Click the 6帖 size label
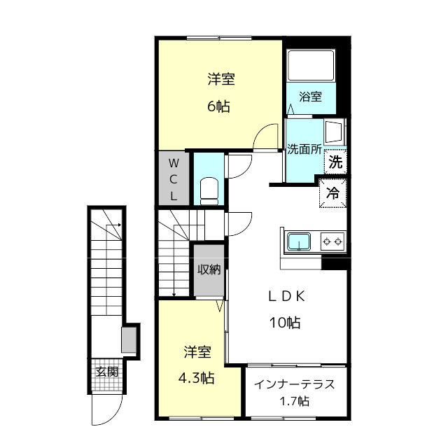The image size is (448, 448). [x=218, y=106]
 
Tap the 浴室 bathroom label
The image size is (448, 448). [x=311, y=97]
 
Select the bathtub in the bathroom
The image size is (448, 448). [x=311, y=65]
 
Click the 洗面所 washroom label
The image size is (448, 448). [x=304, y=149]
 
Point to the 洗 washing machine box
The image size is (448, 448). [x=335, y=162]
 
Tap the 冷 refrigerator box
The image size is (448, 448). [x=333, y=193]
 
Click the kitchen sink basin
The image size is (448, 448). [x=299, y=241]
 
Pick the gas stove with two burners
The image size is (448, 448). [x=332, y=241]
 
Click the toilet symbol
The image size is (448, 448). [x=209, y=191]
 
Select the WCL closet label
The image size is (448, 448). [x=174, y=179]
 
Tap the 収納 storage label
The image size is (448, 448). [x=209, y=269]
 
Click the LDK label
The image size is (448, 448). [x=286, y=297]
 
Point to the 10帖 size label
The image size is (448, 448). [x=285, y=323]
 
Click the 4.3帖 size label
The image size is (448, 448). [x=196, y=378]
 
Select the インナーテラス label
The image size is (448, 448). [x=294, y=384]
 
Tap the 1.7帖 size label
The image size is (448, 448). [x=294, y=401]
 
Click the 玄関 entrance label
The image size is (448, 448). [x=106, y=372]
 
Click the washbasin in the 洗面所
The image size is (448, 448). [x=335, y=131]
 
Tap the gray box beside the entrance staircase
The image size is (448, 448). [x=129, y=339]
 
